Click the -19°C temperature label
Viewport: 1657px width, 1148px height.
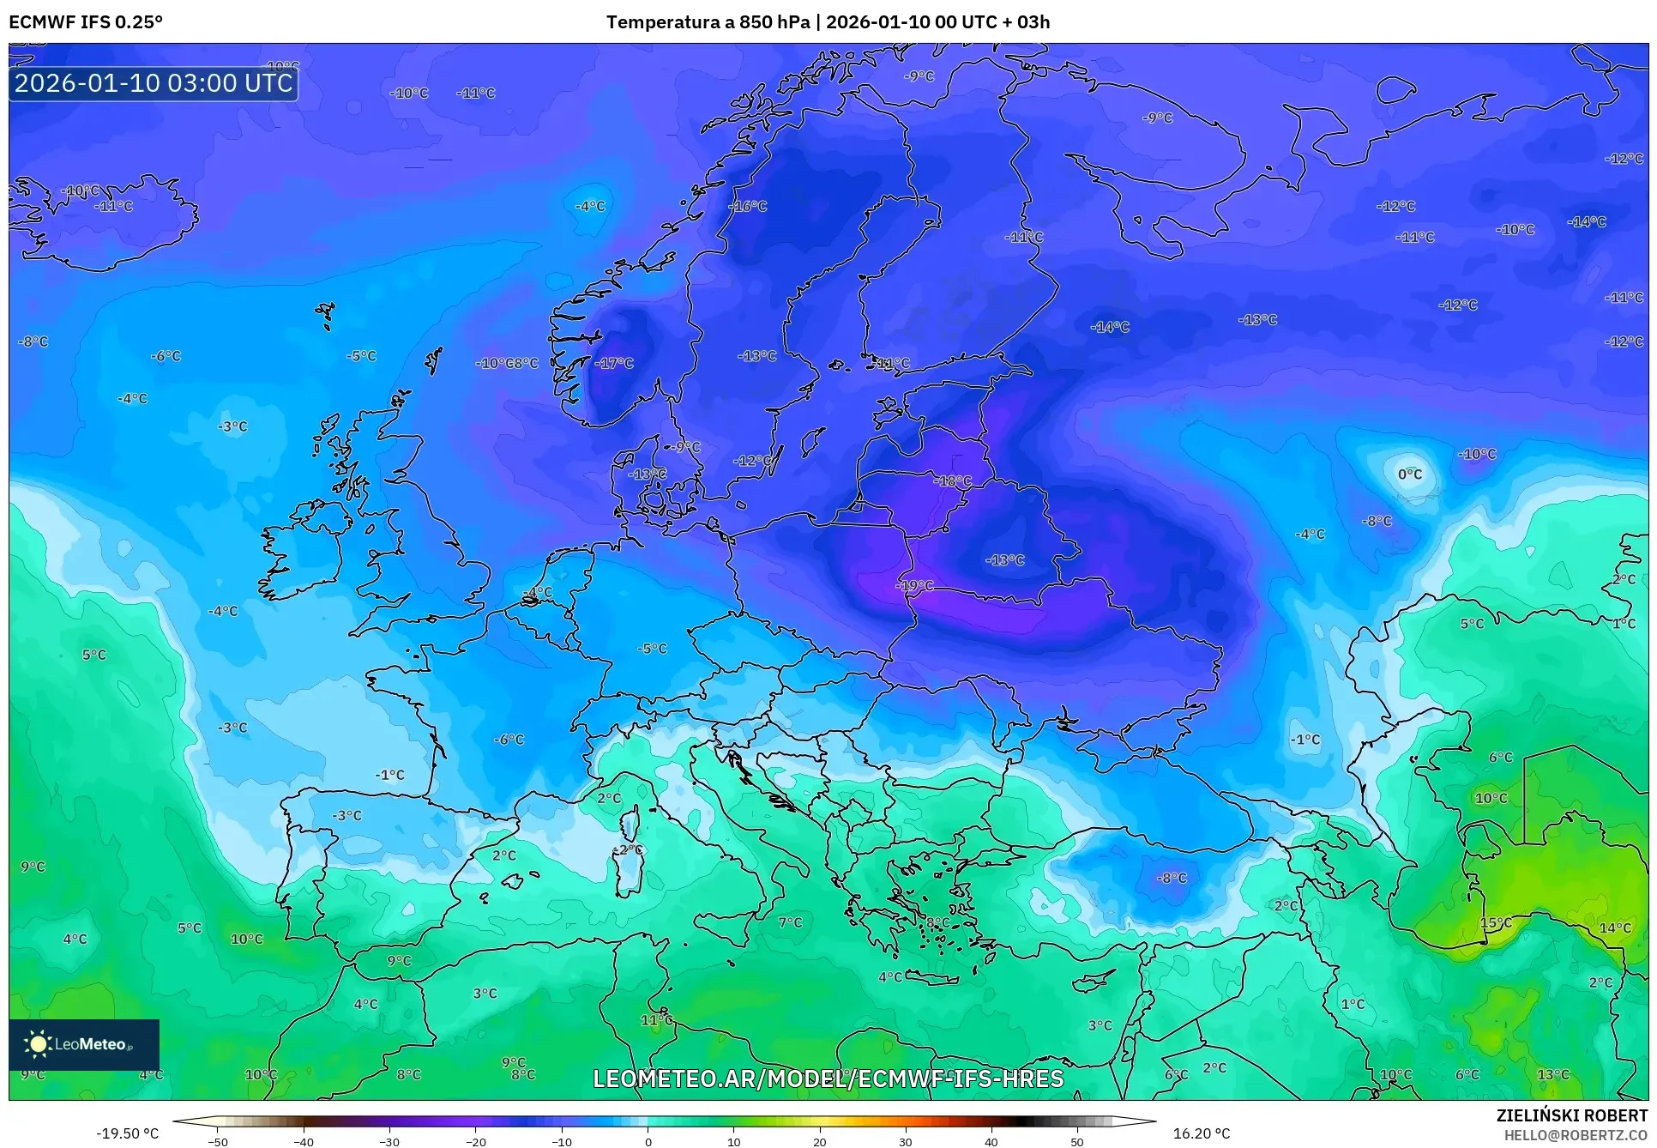coord(915,585)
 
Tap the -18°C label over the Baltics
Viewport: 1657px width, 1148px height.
coord(953,481)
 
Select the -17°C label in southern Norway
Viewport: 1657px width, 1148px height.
coord(614,363)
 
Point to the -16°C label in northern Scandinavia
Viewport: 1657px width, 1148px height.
coord(748,206)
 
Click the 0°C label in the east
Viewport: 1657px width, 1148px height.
coord(1409,474)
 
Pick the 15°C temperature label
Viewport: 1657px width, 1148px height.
coord(1496,922)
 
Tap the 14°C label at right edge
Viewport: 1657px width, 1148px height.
coord(1615,927)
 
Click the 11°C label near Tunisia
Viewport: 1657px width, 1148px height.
coord(657,1020)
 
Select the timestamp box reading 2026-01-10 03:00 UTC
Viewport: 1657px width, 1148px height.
coord(154,83)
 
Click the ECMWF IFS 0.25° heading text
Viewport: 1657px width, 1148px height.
coord(86,22)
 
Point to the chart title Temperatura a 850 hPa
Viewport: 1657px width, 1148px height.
coord(708,22)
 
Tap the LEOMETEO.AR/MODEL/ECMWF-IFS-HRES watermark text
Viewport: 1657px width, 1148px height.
coord(828,1079)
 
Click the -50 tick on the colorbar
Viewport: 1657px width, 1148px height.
coord(218,1141)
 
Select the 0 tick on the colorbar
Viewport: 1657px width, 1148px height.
coord(648,1141)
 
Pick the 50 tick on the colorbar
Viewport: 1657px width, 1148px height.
coord(1077,1141)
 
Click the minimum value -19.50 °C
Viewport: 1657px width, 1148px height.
coord(127,1133)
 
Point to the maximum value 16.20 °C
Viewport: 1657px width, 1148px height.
coord(1201,1133)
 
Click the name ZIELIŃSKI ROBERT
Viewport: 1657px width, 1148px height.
coord(1571,1115)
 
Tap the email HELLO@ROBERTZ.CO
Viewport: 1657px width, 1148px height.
coord(1576,1135)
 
